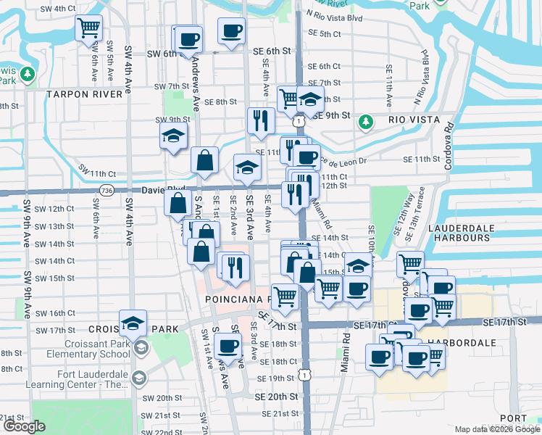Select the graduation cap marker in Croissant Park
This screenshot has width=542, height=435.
point(133,323)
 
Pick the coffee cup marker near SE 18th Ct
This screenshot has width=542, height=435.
point(228,347)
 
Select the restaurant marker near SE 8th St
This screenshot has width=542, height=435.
point(260,120)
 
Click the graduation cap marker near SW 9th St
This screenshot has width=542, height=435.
point(173,136)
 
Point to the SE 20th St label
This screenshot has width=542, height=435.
point(276,397)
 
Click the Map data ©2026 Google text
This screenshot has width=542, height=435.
point(498,429)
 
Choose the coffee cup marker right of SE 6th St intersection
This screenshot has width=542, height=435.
point(231,31)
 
